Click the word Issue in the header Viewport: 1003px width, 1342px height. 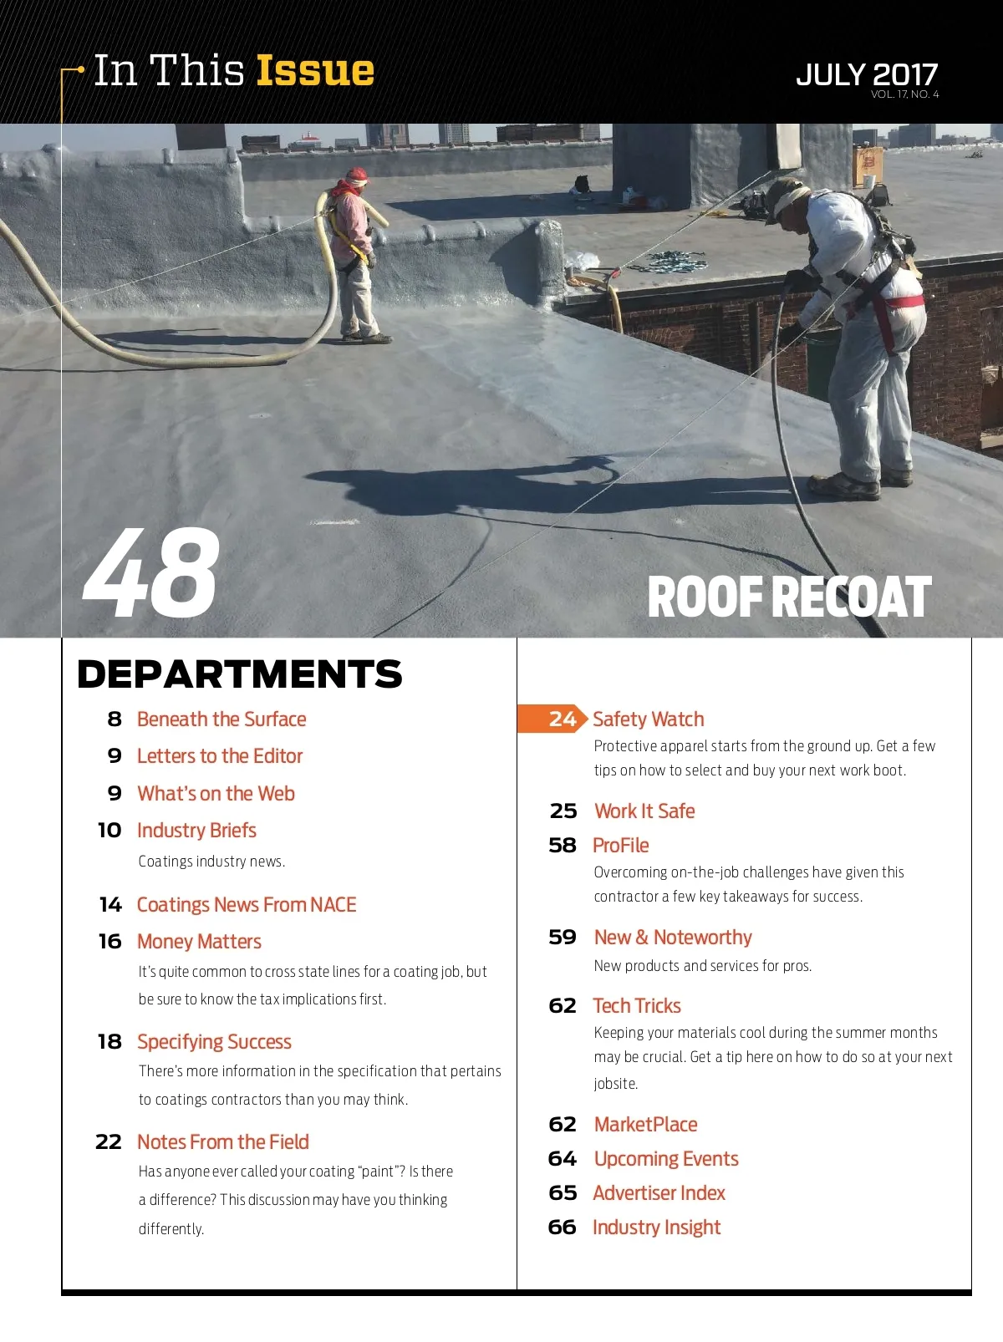pos(315,71)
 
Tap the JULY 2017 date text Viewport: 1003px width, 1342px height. pos(867,74)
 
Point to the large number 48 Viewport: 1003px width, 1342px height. pos(151,574)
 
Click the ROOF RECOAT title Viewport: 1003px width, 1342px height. pos(789,597)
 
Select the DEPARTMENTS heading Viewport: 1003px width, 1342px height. pos(239,674)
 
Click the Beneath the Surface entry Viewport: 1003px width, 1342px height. pos(221,719)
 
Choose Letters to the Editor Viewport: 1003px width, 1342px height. pos(220,756)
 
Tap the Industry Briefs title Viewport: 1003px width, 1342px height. pos(196,831)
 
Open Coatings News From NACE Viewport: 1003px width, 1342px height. pos(247,905)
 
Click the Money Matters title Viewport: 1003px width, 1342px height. pos(199,942)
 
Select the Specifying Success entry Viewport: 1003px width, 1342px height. pos(214,1042)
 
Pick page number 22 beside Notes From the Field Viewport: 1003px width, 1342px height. pos(109,1142)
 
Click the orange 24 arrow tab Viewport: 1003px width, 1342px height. pos(552,719)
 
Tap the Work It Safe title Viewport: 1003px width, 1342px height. pos(644,811)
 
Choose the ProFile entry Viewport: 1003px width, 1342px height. pos(620,846)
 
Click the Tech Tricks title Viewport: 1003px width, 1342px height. pos(637,1006)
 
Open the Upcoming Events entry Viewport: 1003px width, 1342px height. pos(666,1159)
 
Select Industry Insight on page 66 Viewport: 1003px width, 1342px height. pos(656,1228)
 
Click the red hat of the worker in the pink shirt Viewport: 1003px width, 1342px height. pos(357,176)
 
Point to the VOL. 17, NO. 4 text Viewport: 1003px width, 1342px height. pos(904,94)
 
